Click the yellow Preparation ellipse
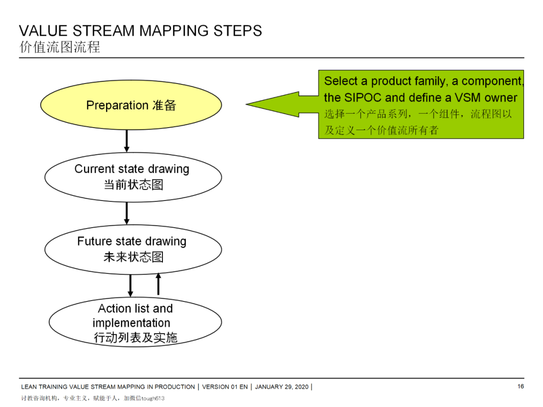point(131,105)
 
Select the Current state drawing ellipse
point(133,177)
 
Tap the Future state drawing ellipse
point(133,249)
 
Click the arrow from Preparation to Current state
point(127,141)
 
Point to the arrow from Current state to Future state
point(127,213)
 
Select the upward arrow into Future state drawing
point(158,284)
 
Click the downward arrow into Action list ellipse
point(130,285)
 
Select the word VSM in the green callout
point(468,97)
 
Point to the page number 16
point(520,386)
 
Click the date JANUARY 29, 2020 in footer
point(282,387)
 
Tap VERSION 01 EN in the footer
point(225,387)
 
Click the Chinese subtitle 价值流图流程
point(60,47)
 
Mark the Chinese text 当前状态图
point(133,184)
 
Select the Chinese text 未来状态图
point(133,257)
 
